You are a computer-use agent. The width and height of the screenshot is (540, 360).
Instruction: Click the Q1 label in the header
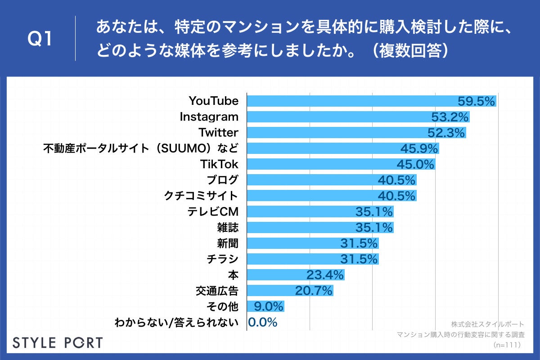[x=40, y=39]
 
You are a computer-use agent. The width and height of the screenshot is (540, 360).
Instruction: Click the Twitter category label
[x=218, y=133]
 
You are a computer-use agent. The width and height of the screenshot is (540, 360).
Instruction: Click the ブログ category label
[x=222, y=180]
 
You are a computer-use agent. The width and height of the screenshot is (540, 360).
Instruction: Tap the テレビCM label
[x=213, y=211]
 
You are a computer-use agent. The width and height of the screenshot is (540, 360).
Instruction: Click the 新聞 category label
[x=227, y=243]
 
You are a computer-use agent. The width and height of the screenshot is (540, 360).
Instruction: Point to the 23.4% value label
[x=325, y=275]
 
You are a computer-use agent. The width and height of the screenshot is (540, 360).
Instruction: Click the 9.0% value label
[x=268, y=306]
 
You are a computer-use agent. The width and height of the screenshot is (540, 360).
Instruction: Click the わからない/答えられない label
[x=176, y=322]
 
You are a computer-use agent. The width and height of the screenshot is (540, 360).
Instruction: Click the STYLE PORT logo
[x=58, y=342]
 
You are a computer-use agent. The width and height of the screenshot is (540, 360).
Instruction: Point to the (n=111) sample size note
[x=507, y=345]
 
